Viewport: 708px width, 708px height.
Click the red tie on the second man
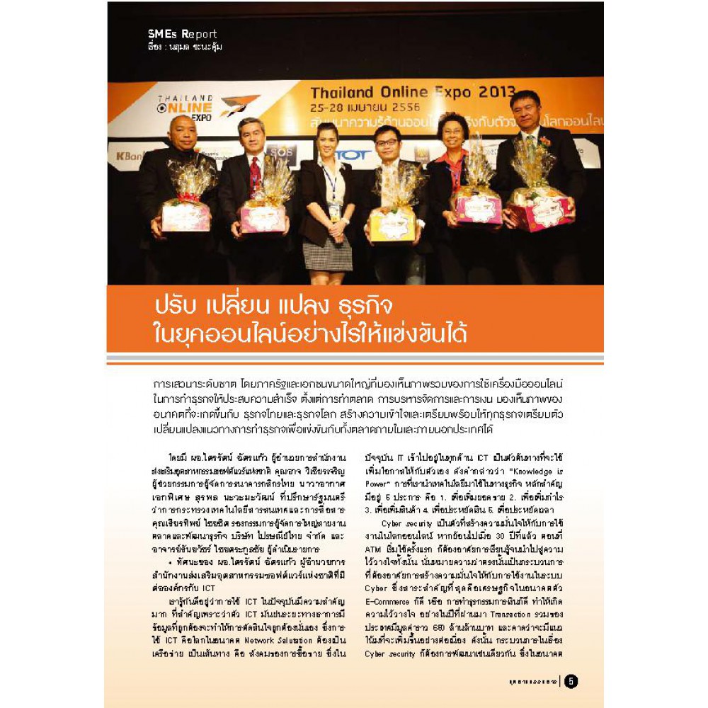coord(253,173)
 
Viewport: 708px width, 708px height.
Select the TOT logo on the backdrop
coord(354,155)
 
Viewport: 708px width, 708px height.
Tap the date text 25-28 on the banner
coord(331,107)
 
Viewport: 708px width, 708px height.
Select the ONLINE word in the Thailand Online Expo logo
coord(186,107)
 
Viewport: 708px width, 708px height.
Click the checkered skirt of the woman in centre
coord(327,253)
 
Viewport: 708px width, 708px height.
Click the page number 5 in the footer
coord(571,681)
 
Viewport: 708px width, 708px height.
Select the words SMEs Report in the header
coord(183,33)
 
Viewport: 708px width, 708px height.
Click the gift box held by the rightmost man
coord(542,208)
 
